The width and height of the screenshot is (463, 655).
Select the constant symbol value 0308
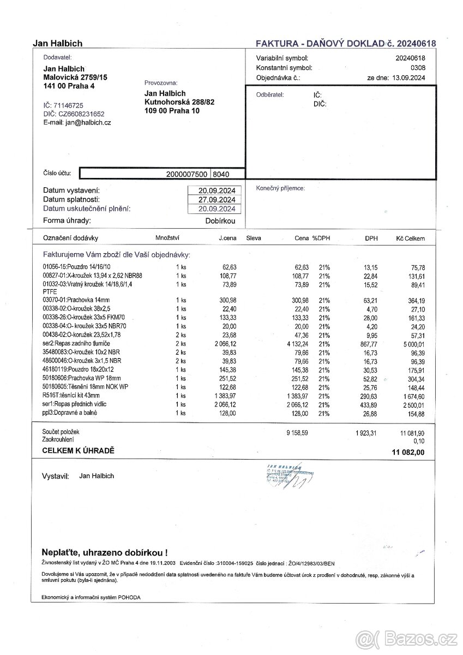click(x=418, y=68)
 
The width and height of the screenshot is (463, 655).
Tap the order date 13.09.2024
click(x=408, y=78)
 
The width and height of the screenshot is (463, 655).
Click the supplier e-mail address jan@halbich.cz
click(x=88, y=123)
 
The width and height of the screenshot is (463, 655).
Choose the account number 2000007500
click(x=187, y=174)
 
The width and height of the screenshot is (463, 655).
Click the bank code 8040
click(x=221, y=174)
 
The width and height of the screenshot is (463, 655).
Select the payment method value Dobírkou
click(x=220, y=221)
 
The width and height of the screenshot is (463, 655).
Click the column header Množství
click(x=167, y=238)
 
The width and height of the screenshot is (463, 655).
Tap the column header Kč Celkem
click(x=411, y=239)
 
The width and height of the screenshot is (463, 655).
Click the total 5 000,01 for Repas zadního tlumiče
click(x=413, y=345)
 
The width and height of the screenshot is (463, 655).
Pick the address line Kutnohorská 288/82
click(x=179, y=102)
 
